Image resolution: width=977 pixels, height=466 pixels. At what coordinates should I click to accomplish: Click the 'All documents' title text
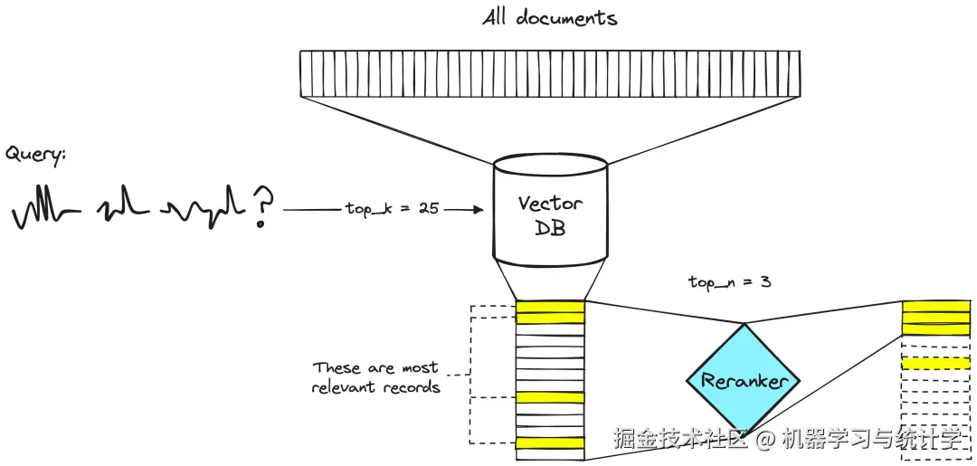pyautogui.click(x=549, y=18)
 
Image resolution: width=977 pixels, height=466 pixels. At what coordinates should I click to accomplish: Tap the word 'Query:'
pyautogui.click(x=36, y=155)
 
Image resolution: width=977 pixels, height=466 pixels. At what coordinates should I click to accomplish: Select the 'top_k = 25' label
pyautogui.click(x=392, y=208)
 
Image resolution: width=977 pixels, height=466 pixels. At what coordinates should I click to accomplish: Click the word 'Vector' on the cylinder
pyautogui.click(x=550, y=203)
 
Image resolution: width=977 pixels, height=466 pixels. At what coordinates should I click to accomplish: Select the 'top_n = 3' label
pyautogui.click(x=729, y=282)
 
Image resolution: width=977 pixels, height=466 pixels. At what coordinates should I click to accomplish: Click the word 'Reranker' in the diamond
pyautogui.click(x=745, y=381)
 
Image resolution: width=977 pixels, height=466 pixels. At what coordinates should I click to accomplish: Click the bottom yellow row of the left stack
pyautogui.click(x=550, y=442)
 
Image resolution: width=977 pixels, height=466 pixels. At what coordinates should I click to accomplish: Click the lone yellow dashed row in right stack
pyautogui.click(x=935, y=363)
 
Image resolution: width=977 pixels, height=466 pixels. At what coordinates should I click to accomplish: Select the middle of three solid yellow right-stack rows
pyautogui.click(x=935, y=318)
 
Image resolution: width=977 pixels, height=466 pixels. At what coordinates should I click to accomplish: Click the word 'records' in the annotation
pyautogui.click(x=413, y=387)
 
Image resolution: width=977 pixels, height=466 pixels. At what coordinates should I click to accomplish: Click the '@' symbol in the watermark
pyautogui.click(x=765, y=441)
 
